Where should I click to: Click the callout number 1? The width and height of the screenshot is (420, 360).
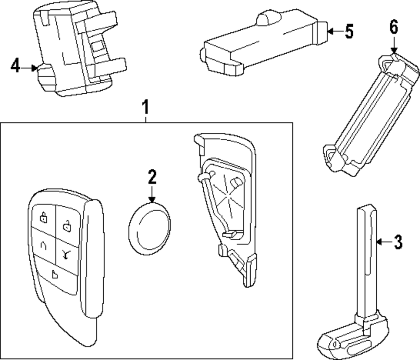(145, 108)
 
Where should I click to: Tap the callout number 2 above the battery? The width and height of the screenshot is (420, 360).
(152, 178)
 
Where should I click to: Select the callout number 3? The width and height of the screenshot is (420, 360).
(397, 242)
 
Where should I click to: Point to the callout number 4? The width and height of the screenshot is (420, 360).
(15, 66)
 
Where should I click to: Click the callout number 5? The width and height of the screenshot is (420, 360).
(349, 32)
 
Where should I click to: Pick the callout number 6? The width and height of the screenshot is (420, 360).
(393, 27)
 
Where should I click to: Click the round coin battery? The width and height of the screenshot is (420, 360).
(150, 228)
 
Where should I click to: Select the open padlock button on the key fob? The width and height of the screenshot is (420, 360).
(66, 226)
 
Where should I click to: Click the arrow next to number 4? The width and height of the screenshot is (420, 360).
(30, 67)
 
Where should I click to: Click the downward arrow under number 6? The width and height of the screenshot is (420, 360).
(394, 44)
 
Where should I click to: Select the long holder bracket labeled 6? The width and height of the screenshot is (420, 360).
(370, 118)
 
